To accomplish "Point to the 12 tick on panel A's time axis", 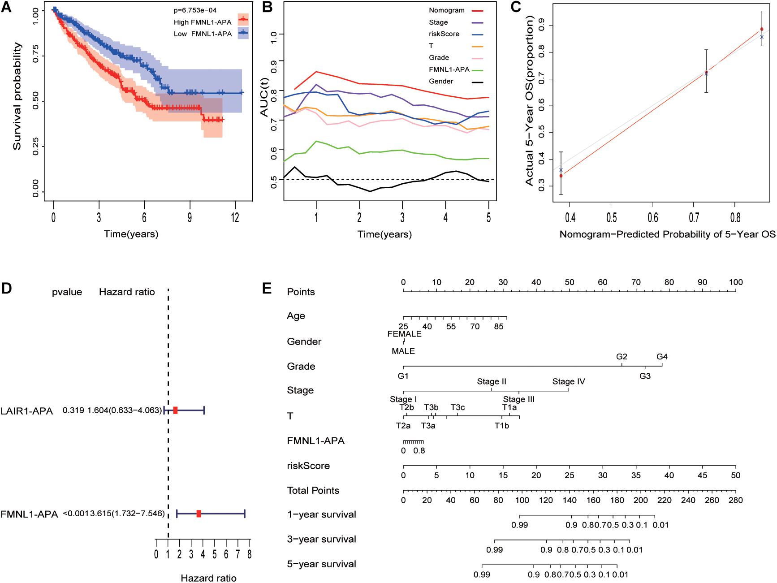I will click(x=234, y=219).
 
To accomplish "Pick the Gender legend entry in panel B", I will click(x=441, y=81).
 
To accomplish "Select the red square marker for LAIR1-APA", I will click(x=175, y=410).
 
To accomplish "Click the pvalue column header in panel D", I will click(x=67, y=292).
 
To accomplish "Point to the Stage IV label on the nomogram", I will click(x=569, y=382).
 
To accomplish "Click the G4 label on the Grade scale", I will click(x=662, y=357).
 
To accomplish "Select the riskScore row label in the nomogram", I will click(x=308, y=466).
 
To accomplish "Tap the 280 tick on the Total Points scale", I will click(x=735, y=500).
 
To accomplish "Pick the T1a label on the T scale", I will click(x=509, y=407).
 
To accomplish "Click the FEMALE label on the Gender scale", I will click(x=405, y=334).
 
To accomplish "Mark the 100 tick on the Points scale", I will click(x=735, y=282).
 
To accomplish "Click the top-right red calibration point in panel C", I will click(x=762, y=29).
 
